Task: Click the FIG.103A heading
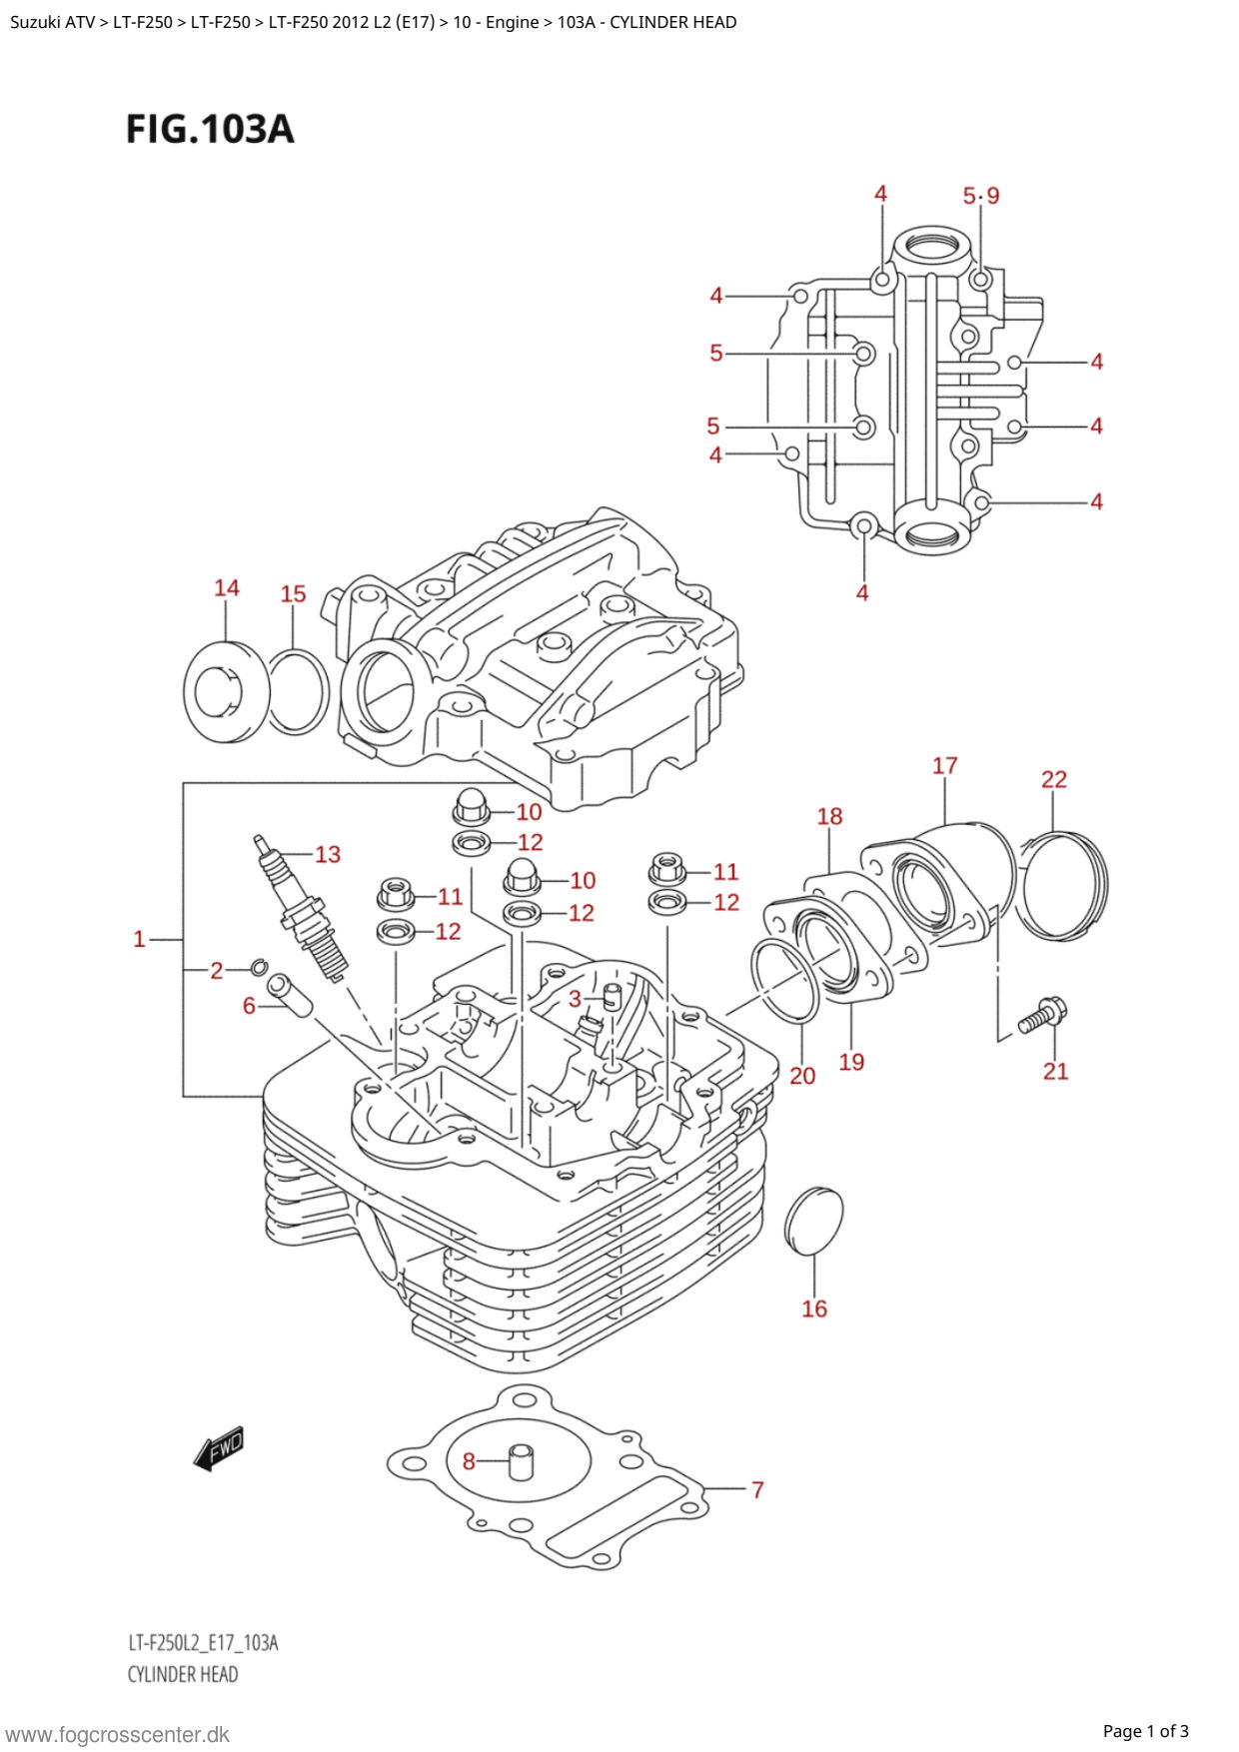(210, 129)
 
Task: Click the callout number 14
(227, 588)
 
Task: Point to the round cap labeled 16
(813, 1221)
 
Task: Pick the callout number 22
(1054, 779)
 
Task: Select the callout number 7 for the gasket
(757, 1489)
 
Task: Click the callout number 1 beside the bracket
(140, 939)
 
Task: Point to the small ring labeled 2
(258, 966)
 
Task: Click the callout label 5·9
(980, 196)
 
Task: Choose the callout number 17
(945, 766)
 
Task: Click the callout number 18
(829, 817)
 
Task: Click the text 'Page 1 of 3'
(1145, 1731)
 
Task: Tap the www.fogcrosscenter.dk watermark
(118, 1735)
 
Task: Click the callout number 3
(575, 999)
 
